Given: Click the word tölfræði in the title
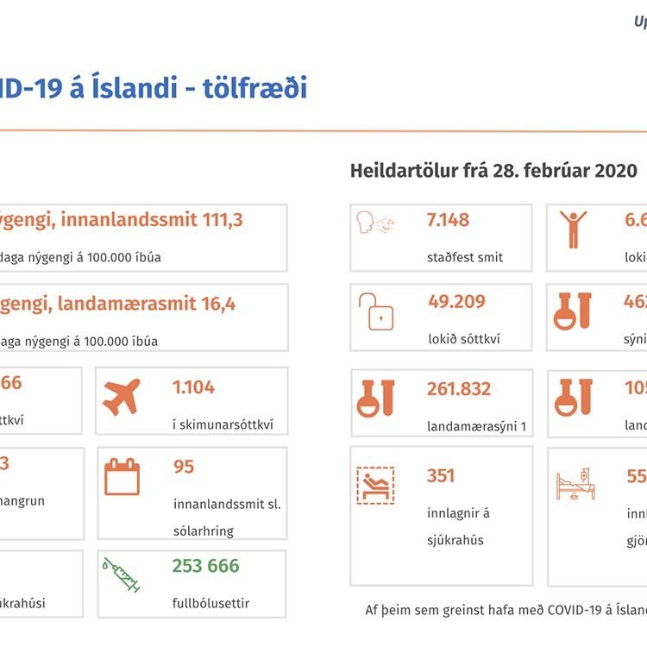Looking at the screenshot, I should tap(255, 88).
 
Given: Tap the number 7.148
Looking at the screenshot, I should tap(448, 220).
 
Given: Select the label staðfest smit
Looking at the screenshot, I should tap(464, 257).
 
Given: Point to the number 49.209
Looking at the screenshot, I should tap(456, 302).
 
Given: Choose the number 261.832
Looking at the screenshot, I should tap(459, 389).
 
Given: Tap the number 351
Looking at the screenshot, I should tap(441, 475).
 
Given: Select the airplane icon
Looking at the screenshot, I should tap(122, 397).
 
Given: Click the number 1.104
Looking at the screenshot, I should tap(193, 387).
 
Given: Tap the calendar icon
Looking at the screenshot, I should tap(122, 476).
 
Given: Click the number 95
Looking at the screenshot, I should tap(184, 467).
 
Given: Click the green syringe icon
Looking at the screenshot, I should tap(122, 574).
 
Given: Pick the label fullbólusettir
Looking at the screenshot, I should tap(210, 603).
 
